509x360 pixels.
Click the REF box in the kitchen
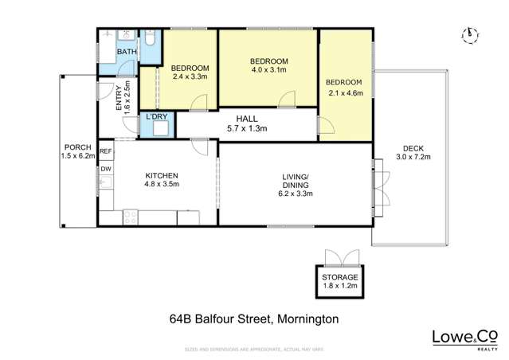pyautogui.click(x=105, y=151)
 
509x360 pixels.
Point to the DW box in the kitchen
pyautogui.click(x=105, y=169)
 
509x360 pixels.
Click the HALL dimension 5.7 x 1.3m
pyautogui.click(x=246, y=128)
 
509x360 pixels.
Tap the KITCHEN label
pyautogui.click(x=161, y=175)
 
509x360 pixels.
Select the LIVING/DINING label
pyautogui.click(x=294, y=180)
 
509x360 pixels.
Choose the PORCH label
pyautogui.click(x=76, y=147)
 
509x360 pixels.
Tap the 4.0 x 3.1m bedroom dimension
pyautogui.click(x=268, y=70)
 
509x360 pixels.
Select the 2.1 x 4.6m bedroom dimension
pyautogui.click(x=345, y=92)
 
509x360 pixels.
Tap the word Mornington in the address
pyautogui.click(x=306, y=319)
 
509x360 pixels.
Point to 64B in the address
pyautogui.click(x=182, y=319)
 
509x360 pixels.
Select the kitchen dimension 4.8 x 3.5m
pyautogui.click(x=161, y=184)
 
